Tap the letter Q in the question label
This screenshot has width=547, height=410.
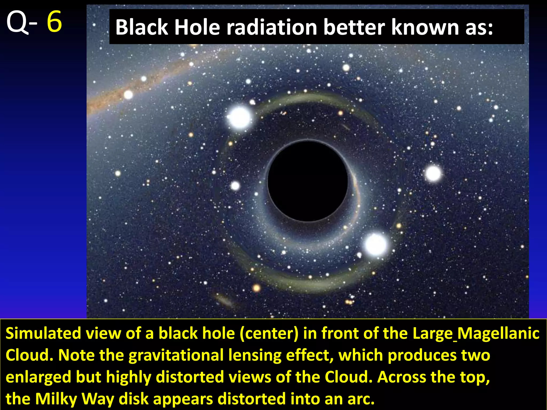tap(17, 23)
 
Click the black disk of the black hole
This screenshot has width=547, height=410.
tap(308, 181)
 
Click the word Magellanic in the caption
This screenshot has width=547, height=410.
tap(498, 334)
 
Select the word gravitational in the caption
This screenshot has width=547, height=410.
tap(176, 356)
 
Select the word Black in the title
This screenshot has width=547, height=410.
tap(142, 27)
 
